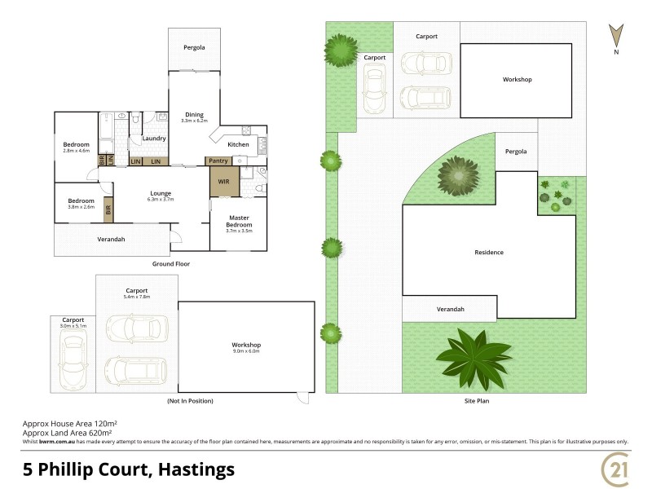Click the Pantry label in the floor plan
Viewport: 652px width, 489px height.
click(218, 161)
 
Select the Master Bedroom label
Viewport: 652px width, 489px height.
click(238, 220)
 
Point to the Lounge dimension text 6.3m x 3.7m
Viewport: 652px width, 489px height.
click(161, 199)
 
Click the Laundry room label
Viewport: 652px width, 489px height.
click(154, 139)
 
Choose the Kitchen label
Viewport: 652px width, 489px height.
click(238, 144)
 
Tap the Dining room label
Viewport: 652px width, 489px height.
click(194, 115)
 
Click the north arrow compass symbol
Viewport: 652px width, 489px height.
click(617, 37)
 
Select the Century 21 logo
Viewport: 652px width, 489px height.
click(615, 470)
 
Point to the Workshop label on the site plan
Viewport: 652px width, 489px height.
click(517, 79)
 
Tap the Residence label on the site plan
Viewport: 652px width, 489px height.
click(489, 253)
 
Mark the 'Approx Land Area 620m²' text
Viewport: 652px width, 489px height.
click(69, 432)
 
